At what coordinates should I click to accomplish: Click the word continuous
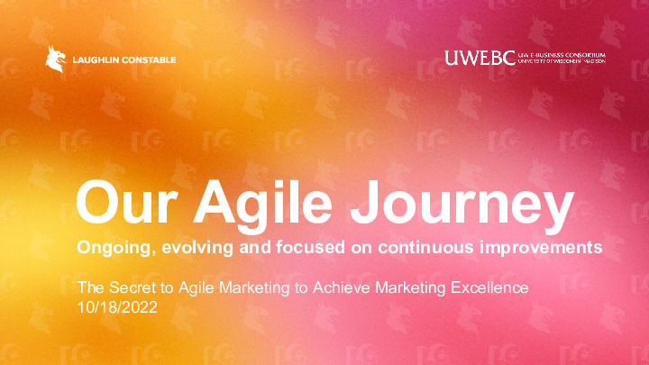pos(425,247)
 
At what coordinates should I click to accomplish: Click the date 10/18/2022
pos(117,307)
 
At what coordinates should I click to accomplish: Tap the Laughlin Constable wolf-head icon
pos(55,59)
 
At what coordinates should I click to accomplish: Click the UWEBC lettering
pos(480,58)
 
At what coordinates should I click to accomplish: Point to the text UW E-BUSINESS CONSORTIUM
pos(561,54)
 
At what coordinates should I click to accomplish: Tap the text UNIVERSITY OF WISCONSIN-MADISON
pos(561,62)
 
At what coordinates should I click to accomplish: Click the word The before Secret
pos(90,288)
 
